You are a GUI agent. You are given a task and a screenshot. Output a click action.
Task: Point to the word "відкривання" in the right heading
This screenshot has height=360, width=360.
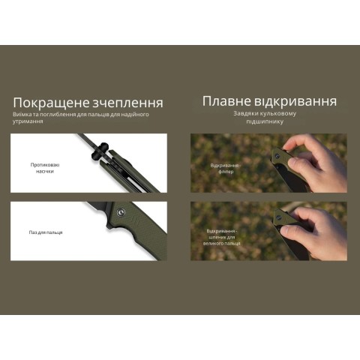coord(295,100)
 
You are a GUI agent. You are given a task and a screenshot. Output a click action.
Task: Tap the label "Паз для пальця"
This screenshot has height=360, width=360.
coord(46,232)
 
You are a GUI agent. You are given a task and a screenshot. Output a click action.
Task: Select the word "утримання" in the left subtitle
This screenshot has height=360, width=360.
coord(28,121)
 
